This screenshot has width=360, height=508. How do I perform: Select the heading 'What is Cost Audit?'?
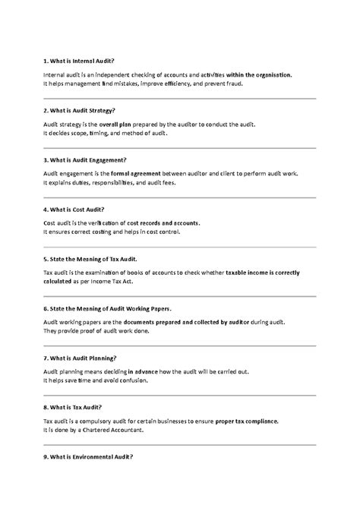pyautogui.click(x=74, y=209)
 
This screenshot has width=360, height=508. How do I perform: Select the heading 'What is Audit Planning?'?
pyautogui.click(x=80, y=358)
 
